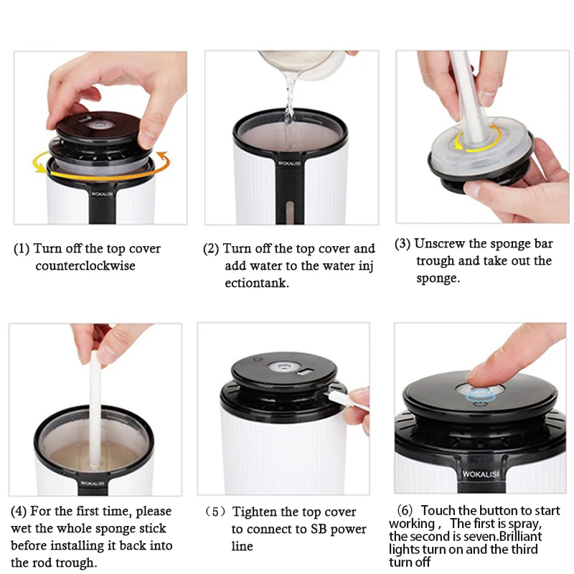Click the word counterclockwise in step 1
coord(85,265)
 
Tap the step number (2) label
coord(211,248)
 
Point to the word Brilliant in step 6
coord(521,536)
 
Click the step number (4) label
coord(19,511)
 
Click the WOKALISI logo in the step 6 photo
coord(480,474)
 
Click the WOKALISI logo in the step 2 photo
coord(290,164)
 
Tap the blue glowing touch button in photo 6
coord(480,396)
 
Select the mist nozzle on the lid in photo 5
coord(283,367)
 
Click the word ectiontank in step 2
coord(257,283)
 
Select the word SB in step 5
coord(318,529)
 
